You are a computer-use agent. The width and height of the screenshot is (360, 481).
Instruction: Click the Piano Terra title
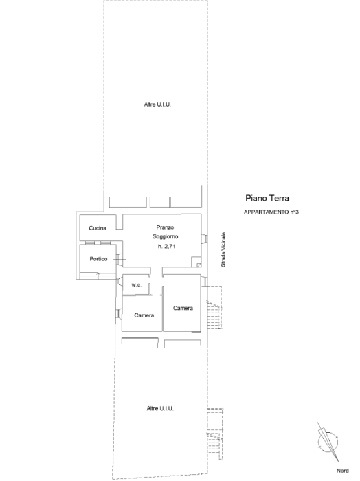(x=267, y=198)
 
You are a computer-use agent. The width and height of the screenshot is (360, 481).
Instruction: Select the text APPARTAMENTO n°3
(x=271, y=212)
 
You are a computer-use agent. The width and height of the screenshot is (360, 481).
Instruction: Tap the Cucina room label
(x=98, y=228)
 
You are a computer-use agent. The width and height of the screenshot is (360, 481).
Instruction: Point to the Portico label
(x=98, y=259)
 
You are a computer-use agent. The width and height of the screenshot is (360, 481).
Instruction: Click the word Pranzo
(x=165, y=227)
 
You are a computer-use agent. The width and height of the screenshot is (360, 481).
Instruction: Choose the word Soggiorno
(x=166, y=236)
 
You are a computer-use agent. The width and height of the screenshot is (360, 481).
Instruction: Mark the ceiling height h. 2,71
(x=166, y=246)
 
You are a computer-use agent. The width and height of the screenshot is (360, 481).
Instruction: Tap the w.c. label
(x=137, y=285)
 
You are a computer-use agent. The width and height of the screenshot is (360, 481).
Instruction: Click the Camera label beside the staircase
(x=183, y=308)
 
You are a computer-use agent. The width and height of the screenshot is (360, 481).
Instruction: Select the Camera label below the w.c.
(x=144, y=315)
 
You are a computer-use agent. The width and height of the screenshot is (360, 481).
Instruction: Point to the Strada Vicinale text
(x=223, y=249)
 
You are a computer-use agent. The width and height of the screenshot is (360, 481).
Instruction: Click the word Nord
(x=343, y=471)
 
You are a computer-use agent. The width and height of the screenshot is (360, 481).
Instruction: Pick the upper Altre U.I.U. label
(x=157, y=104)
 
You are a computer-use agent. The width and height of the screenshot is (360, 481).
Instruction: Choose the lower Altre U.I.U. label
(x=160, y=408)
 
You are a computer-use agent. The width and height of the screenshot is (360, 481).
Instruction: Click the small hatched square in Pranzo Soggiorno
(x=199, y=265)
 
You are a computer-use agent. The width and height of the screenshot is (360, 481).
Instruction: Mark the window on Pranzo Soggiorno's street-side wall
(x=205, y=238)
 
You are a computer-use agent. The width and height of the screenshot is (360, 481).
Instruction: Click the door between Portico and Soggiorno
(x=120, y=259)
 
